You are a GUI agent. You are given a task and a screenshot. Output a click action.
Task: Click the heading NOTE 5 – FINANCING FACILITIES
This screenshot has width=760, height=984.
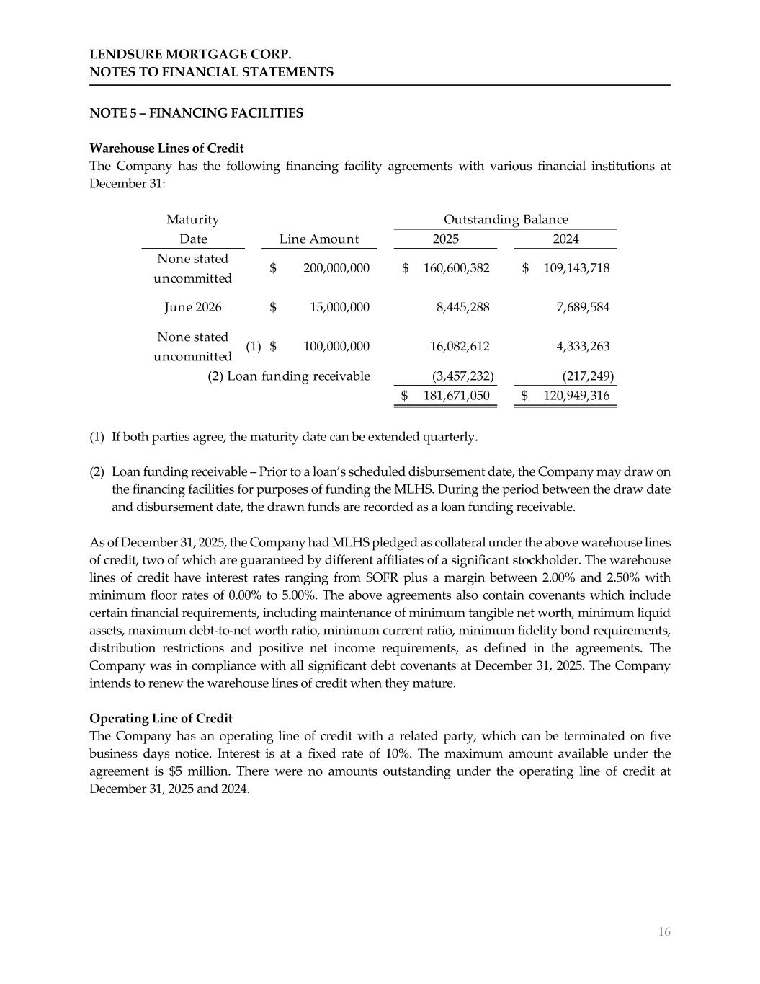(x=196, y=113)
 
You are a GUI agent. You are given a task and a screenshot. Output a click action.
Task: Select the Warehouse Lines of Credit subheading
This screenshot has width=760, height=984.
(x=166, y=149)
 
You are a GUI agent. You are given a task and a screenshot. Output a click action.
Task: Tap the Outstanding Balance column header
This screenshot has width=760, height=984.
(x=506, y=220)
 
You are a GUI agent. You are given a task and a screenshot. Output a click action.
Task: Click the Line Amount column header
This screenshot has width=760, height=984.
(x=318, y=239)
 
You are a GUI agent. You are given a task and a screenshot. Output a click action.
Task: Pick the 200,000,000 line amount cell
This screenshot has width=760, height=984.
(x=336, y=268)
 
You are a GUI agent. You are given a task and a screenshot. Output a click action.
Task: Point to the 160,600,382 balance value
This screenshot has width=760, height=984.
(x=456, y=268)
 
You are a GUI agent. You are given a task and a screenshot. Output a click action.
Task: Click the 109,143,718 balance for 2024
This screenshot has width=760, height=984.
(x=576, y=268)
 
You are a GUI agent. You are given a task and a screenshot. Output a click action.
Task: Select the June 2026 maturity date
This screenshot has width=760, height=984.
(x=193, y=307)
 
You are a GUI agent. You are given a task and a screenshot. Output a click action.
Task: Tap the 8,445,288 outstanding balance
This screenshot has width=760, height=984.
(x=463, y=307)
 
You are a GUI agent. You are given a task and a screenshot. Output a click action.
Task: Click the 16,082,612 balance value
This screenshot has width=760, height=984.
(x=460, y=346)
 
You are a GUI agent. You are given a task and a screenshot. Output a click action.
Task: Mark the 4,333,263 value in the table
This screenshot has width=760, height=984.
(x=583, y=346)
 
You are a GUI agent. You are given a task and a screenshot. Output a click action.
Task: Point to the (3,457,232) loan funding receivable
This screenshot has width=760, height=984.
(x=462, y=376)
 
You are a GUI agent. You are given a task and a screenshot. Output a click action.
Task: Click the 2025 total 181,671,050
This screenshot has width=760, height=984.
(x=456, y=396)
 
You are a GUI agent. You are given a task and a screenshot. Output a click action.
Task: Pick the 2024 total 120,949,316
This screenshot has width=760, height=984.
(x=576, y=396)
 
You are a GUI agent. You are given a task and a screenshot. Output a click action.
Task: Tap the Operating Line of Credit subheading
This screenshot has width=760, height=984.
(x=161, y=719)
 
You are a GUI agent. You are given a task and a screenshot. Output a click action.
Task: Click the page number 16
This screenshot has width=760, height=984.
(x=663, y=932)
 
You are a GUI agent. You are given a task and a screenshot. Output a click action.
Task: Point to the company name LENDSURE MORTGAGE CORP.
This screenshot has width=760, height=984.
(x=190, y=55)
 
